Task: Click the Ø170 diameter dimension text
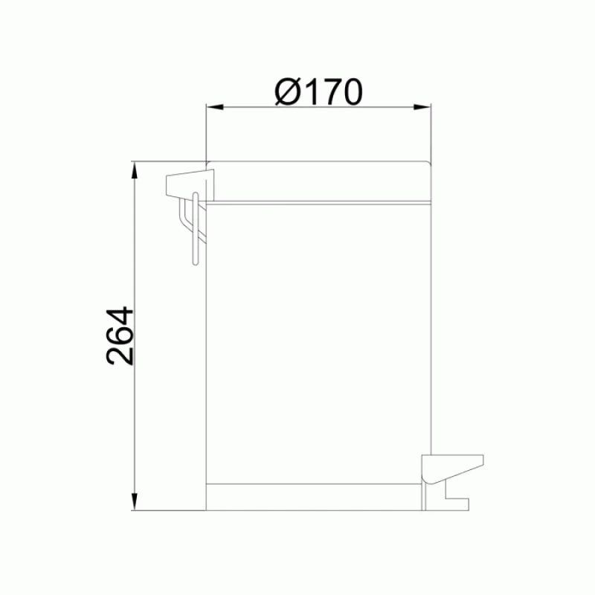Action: (x=318, y=91)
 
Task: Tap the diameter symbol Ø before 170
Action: (x=288, y=91)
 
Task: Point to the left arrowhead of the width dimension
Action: (x=214, y=106)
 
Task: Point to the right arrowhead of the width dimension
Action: (x=422, y=106)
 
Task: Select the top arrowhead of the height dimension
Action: (x=135, y=170)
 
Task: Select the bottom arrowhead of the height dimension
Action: (x=135, y=501)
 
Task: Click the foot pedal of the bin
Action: (x=452, y=469)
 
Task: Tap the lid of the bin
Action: (x=319, y=181)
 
